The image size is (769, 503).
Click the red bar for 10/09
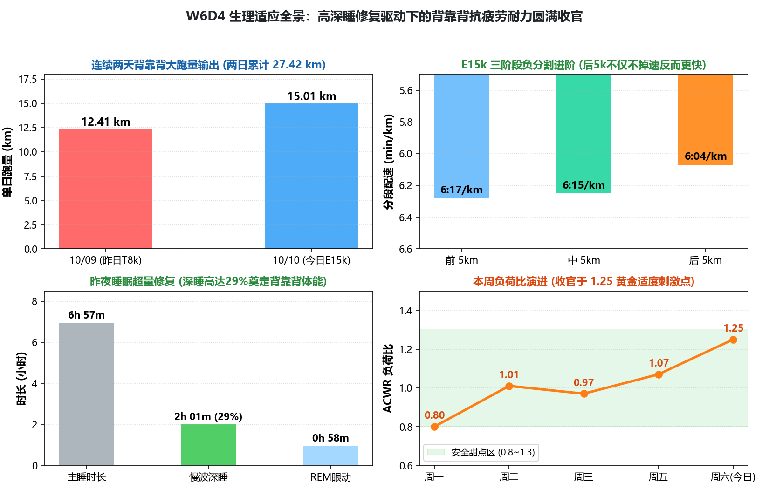point(105,188)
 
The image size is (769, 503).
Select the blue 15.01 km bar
point(311,176)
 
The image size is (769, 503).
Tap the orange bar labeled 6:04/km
point(706,120)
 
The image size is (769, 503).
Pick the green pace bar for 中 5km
point(584,134)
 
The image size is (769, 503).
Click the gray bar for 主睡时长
point(87,394)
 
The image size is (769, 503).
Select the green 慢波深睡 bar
point(208,445)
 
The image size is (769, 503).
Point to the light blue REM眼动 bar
point(330,455)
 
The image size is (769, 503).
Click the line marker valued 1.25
point(733,340)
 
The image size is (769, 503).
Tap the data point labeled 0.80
point(434,427)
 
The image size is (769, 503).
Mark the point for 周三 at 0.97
point(584,394)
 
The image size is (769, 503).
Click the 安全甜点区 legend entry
point(481,452)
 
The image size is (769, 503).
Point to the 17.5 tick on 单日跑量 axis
point(28,79)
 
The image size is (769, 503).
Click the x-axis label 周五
point(658,477)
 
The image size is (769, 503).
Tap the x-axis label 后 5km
point(706,260)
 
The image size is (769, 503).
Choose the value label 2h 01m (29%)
point(208,416)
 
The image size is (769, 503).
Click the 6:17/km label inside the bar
point(461,190)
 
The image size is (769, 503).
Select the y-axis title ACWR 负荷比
point(388,379)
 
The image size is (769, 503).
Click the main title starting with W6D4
point(384,16)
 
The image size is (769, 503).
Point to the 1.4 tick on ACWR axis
point(405,311)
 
